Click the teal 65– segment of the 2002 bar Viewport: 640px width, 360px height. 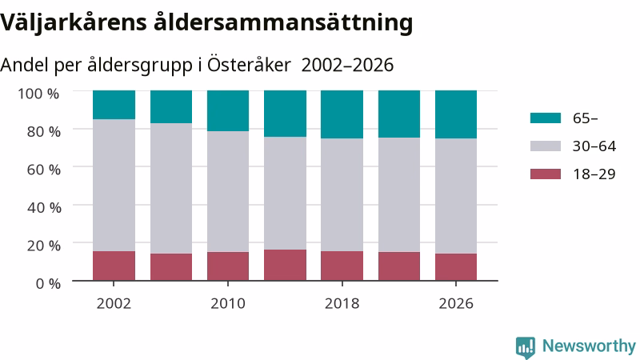114,105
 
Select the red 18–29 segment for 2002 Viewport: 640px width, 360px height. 114,266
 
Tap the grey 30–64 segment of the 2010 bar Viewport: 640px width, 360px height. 228,191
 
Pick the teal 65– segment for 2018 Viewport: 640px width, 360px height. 342,114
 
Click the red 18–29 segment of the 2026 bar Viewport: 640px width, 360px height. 456,267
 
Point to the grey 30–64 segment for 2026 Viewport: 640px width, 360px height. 456,196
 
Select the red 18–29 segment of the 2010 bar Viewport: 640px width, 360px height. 228,266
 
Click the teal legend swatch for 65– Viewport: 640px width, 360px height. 546,118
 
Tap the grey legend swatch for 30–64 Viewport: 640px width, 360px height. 546,146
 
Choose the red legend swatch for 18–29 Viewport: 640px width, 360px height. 546,174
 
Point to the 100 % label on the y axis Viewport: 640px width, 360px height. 38,94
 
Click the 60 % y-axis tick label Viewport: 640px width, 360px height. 44,170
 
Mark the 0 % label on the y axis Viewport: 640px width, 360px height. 48,283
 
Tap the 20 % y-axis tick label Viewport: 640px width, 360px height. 44,246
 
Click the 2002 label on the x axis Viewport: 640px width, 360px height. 114,304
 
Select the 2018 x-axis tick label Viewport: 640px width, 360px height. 342,304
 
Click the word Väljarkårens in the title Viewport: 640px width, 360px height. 74,23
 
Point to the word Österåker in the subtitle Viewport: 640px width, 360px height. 249,65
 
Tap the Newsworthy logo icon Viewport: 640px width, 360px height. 526,347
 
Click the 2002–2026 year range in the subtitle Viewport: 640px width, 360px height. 347,66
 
